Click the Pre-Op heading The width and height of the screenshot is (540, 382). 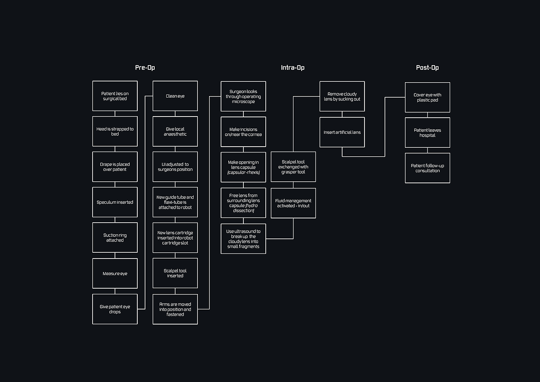pos(145,68)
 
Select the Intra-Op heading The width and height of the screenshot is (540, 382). pos(292,68)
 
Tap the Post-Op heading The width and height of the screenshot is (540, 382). pos(427,68)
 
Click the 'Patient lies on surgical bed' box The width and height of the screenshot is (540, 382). pos(115,96)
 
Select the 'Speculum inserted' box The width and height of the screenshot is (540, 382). pos(115,202)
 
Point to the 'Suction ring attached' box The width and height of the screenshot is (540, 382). pos(115,238)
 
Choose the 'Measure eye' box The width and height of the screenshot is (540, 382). pos(115,274)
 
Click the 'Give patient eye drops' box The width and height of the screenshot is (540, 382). pos(115,309)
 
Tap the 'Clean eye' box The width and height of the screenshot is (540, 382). pos(175,96)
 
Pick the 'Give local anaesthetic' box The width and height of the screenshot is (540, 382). pos(175,132)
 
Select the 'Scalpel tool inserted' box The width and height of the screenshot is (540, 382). pos(175,273)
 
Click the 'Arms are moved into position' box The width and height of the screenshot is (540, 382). pos(175,309)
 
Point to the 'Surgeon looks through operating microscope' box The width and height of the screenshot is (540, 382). pos(243,96)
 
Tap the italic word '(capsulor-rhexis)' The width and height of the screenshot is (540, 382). pos(243,172)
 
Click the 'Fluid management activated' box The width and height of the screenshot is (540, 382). pos(293,203)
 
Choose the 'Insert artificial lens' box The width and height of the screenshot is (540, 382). pos(342,132)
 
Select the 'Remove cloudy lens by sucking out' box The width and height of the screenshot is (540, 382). pos(342,96)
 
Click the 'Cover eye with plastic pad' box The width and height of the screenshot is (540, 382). pos(427,97)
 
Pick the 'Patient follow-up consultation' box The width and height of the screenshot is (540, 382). pos(427,168)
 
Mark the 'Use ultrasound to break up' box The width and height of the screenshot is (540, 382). pos(243,239)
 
